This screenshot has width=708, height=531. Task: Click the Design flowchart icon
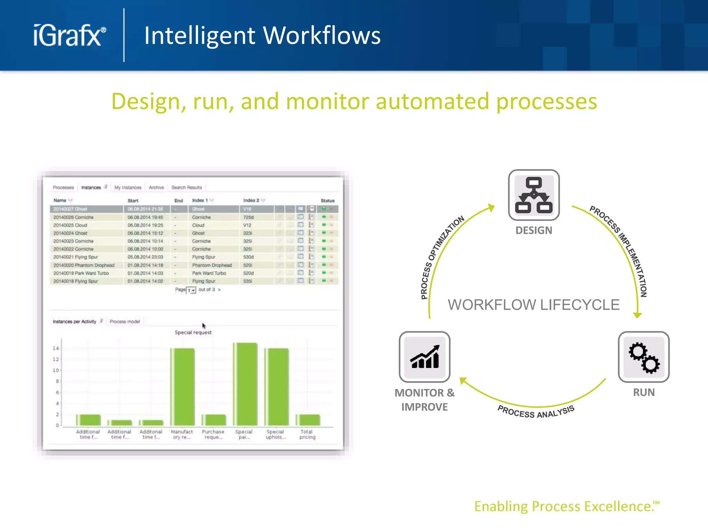[x=534, y=195]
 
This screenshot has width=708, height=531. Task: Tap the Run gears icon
[x=644, y=357]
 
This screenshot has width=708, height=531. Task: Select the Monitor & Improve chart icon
[x=425, y=357]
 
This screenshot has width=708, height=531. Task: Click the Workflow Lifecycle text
[x=533, y=305]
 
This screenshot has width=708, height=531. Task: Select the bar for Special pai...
[x=245, y=384]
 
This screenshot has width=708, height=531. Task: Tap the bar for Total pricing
[x=308, y=420]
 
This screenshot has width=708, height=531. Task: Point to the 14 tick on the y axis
[x=56, y=348]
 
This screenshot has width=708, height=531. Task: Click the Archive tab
[x=156, y=187]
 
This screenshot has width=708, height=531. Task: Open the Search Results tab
[x=187, y=187]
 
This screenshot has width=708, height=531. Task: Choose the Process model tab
[x=124, y=322]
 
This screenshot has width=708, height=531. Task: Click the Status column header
[x=327, y=201]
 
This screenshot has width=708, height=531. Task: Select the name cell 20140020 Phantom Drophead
[x=84, y=265]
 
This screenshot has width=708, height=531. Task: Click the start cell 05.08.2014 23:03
[x=145, y=257]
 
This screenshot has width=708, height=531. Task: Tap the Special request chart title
[x=193, y=333]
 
